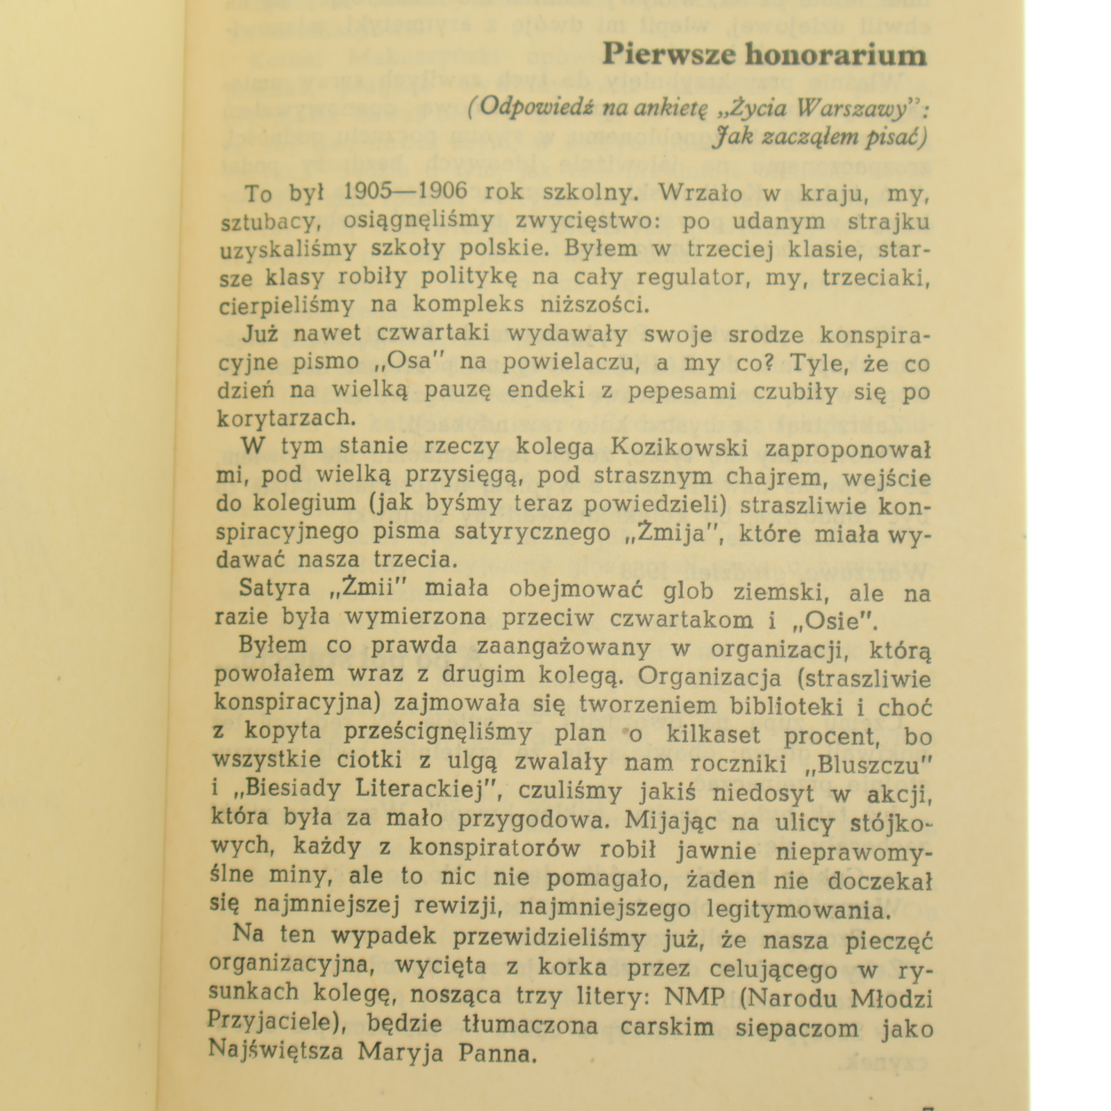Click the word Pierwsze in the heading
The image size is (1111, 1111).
tap(667, 54)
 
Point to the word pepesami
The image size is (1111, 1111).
tap(681, 391)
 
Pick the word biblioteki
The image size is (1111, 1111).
tap(784, 705)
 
